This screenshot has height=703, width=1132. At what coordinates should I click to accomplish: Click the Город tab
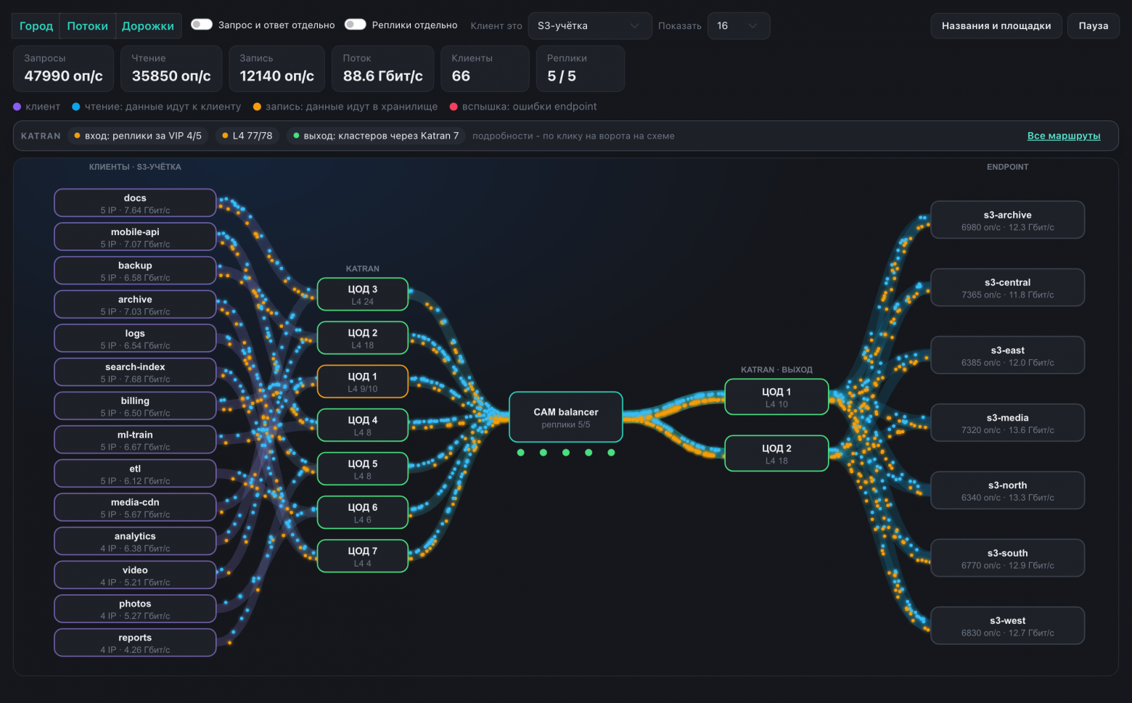[36, 26]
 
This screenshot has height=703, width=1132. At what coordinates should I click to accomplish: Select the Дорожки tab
[147, 26]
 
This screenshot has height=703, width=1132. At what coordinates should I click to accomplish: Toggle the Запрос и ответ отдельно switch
[201, 25]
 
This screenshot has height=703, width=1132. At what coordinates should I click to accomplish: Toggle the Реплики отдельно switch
[355, 25]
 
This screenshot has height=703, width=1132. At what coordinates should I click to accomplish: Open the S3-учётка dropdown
[589, 26]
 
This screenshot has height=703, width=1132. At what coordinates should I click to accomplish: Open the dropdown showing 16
[738, 26]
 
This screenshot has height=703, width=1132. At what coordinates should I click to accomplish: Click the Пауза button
[1093, 26]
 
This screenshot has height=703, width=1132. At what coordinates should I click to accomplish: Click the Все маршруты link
[1063, 136]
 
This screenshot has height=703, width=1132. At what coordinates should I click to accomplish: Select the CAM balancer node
[565, 417]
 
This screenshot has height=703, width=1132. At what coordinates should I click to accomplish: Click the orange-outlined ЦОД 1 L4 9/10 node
[362, 382]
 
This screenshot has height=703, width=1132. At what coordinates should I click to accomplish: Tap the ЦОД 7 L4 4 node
[362, 556]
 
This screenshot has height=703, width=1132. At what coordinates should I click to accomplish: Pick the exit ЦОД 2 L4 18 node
[776, 453]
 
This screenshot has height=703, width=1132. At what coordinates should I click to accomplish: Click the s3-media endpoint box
[1007, 422]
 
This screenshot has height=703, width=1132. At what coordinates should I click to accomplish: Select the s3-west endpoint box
[1007, 625]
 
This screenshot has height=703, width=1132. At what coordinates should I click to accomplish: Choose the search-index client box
[135, 372]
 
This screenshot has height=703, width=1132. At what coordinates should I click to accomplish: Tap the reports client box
[135, 642]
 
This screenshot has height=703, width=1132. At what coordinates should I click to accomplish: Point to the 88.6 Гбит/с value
[382, 75]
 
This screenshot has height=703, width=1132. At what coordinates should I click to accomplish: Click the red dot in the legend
[454, 107]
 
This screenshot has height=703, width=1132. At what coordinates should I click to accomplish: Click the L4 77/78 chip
[247, 136]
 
